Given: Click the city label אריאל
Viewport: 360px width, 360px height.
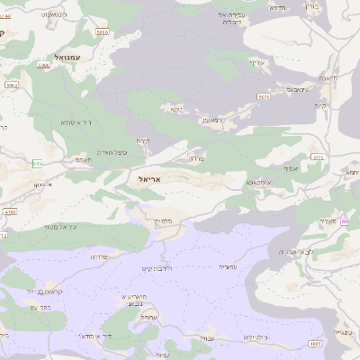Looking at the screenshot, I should click(150, 179).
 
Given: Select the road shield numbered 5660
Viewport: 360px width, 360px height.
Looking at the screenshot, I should click(102, 31).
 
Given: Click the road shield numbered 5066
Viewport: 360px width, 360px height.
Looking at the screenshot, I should click(44, 66).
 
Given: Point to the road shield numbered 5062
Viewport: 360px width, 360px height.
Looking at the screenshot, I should click(12, 85).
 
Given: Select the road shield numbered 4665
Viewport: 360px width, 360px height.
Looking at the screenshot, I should click(314, 343).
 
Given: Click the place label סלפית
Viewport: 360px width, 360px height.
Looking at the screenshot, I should click(163, 220).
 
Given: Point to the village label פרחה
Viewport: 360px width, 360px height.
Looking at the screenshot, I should click(99, 256).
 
